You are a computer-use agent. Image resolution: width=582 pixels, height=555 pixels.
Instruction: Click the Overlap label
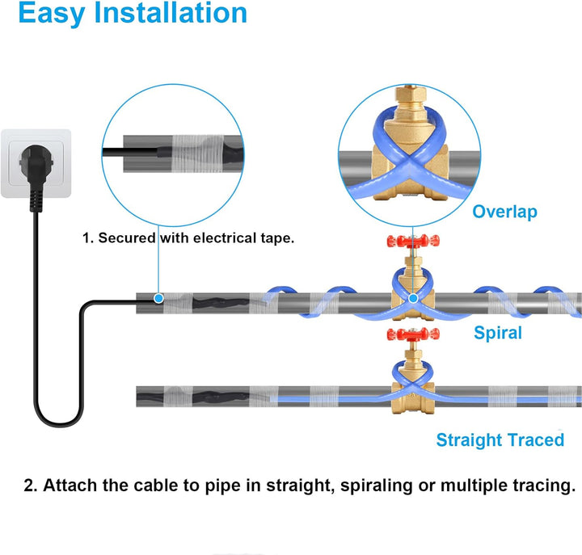(x=504, y=212)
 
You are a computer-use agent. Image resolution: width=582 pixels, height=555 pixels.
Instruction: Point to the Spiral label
(x=497, y=333)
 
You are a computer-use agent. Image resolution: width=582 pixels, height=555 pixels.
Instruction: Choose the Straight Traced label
(x=500, y=440)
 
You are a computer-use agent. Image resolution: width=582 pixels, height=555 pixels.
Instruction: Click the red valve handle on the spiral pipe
(x=412, y=242)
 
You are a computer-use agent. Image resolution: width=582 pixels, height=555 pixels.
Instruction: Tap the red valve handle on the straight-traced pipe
(x=412, y=334)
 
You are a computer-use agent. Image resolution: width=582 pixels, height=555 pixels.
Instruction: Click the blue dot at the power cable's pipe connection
(x=159, y=299)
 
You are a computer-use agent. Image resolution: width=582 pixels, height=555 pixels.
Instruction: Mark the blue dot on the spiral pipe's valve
(x=413, y=299)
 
